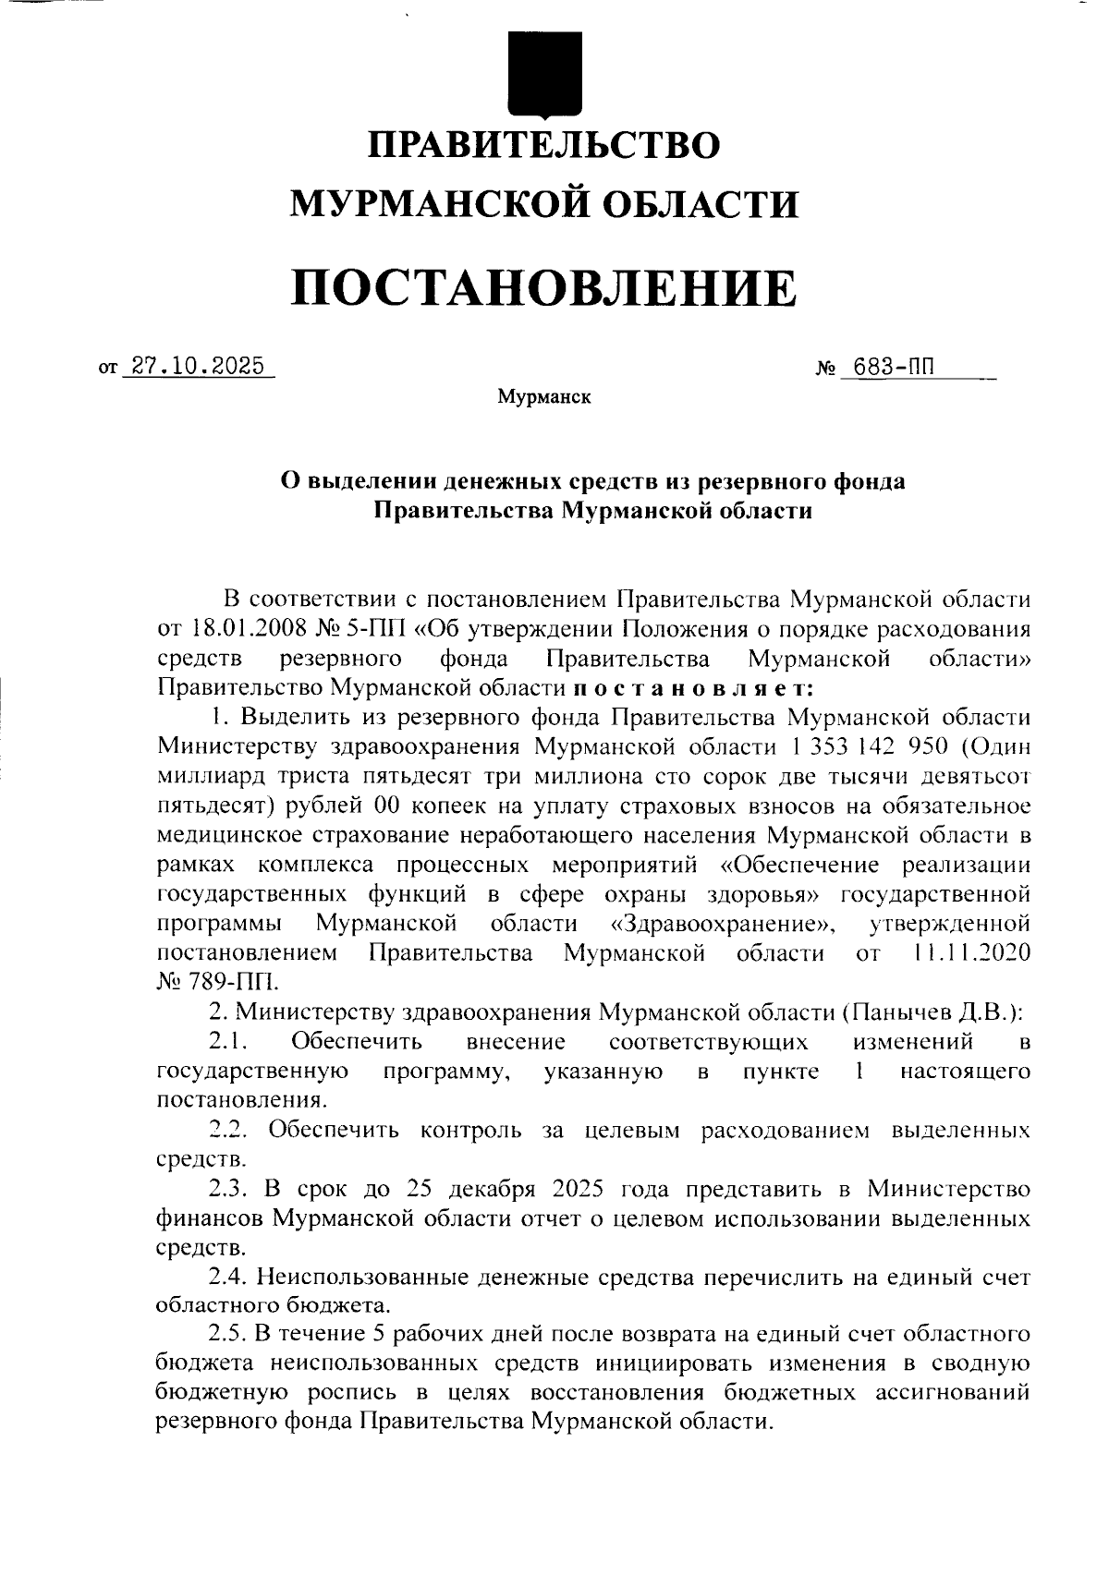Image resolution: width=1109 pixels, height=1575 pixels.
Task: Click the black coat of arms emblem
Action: click(x=545, y=73)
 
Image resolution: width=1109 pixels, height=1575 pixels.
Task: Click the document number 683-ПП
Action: click(x=894, y=366)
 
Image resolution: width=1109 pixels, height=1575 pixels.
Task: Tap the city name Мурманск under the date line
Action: click(x=543, y=397)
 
